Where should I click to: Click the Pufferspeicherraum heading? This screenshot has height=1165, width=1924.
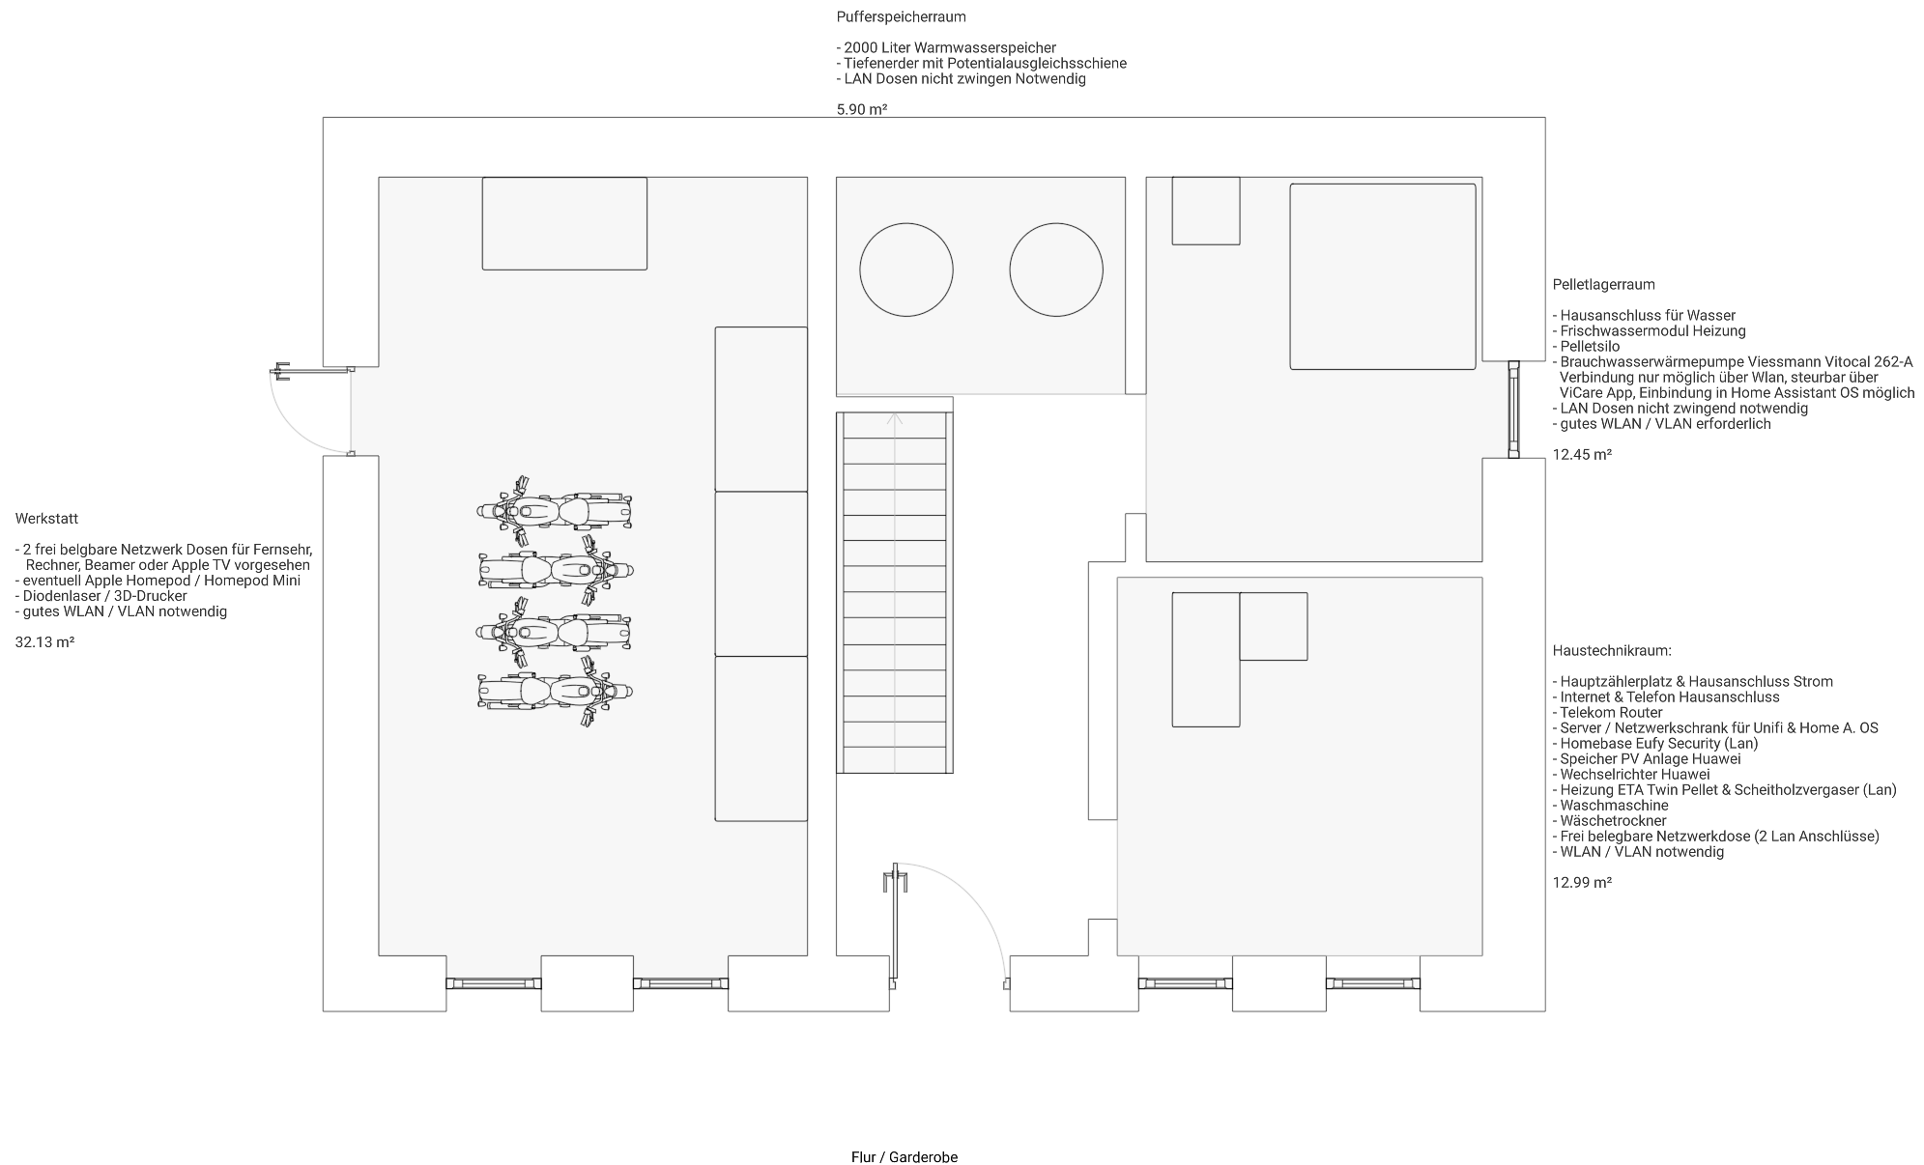pos(901,17)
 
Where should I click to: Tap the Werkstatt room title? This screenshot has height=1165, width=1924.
pos(46,519)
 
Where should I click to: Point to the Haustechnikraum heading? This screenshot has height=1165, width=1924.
pos(1612,651)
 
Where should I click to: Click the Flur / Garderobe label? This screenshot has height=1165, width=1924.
pos(905,1157)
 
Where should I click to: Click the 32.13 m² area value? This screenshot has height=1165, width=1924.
pos(44,642)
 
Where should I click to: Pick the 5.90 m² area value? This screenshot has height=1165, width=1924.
pos(862,110)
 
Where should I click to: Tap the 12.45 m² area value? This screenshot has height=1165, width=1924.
pos(1582,455)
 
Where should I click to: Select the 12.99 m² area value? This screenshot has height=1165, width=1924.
pos(1582,883)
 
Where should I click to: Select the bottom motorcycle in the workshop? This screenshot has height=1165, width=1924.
pos(555,692)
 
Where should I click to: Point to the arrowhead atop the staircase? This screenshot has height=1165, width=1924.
pos(895,418)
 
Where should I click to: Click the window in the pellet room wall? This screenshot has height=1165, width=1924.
pos(1513,409)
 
